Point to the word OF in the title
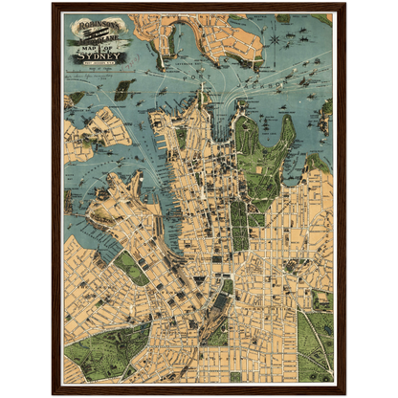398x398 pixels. point(105,43)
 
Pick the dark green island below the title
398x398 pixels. point(122,92)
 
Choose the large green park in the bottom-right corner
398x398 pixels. point(316,344)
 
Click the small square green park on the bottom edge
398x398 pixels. point(235,376)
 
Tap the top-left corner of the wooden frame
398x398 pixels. point(53,4)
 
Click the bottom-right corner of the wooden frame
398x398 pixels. point(345,392)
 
